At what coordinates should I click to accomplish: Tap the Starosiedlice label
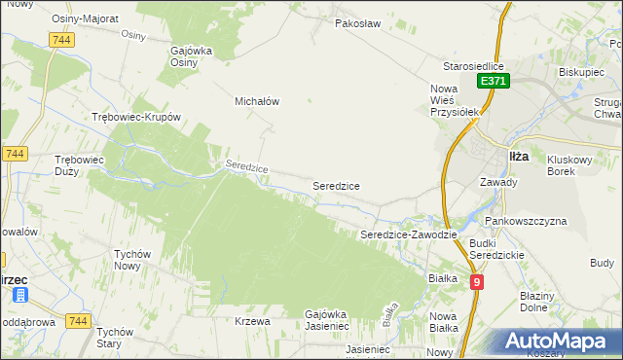pyautogui.click(x=472, y=65)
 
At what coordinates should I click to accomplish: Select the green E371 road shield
pyautogui.click(x=493, y=83)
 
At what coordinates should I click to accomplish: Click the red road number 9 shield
pyautogui.click(x=477, y=282)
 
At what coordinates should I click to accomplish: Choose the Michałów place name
pyautogui.click(x=258, y=100)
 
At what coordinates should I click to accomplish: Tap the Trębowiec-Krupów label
pyautogui.click(x=136, y=117)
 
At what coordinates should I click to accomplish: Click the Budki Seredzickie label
pyautogui.click(x=496, y=248)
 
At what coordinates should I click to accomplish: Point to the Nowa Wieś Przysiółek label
pyautogui.click(x=457, y=99)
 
